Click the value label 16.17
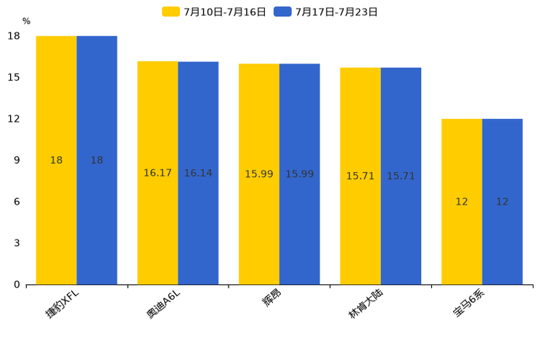(x=157, y=173)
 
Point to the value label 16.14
(x=198, y=173)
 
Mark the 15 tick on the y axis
(x=15, y=78)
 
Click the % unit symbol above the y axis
(x=26, y=22)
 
